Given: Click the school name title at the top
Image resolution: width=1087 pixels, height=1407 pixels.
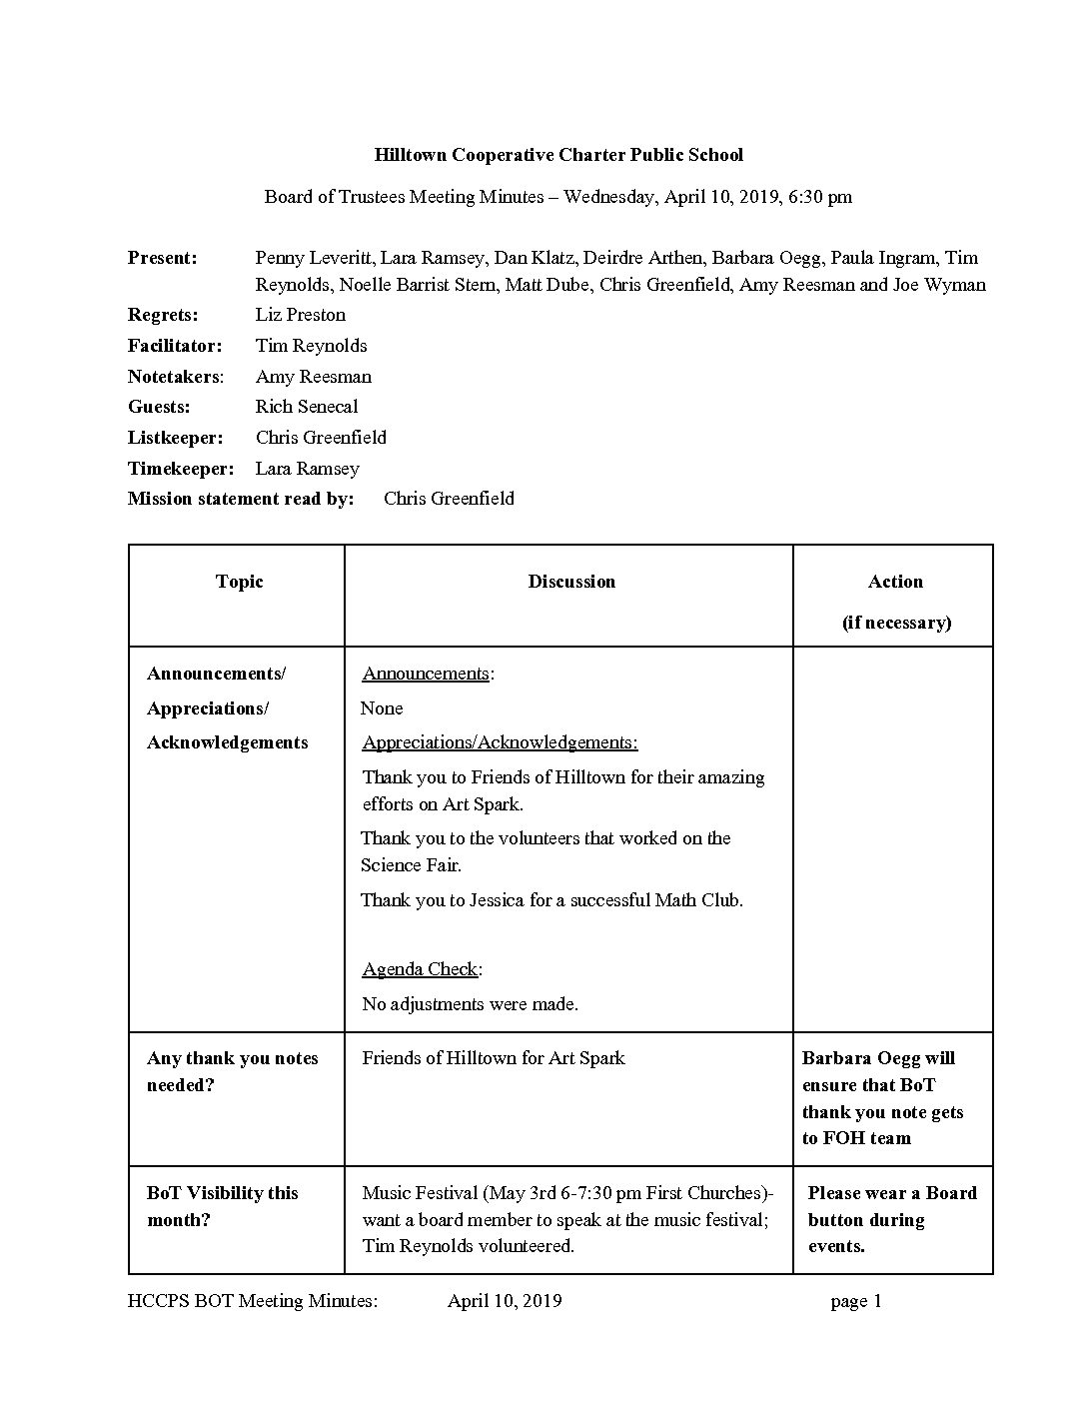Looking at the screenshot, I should (x=558, y=155).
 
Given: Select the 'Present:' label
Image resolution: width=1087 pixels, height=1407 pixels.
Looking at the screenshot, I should (x=163, y=258).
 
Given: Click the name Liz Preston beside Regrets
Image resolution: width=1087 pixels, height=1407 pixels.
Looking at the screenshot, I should (x=301, y=315).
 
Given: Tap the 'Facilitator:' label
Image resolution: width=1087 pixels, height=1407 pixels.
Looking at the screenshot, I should (x=175, y=346).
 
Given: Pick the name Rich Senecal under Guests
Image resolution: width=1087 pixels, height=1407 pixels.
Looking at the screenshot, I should (x=307, y=407).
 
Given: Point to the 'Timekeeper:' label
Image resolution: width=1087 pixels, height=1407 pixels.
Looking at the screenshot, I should (x=181, y=469).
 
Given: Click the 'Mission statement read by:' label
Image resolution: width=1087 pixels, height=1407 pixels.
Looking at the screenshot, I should (x=241, y=499).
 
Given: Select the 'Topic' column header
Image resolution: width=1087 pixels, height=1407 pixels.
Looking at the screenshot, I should (x=239, y=582).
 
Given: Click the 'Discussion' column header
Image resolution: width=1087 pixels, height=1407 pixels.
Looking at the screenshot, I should (x=571, y=582).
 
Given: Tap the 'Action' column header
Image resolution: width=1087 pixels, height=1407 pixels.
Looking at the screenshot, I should (x=895, y=582).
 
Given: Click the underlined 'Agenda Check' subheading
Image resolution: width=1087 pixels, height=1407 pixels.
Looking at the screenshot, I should (x=420, y=969).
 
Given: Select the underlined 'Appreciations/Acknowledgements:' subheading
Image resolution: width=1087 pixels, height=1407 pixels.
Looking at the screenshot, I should (x=500, y=742).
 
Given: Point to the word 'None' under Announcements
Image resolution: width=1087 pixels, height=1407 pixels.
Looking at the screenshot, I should (x=382, y=708).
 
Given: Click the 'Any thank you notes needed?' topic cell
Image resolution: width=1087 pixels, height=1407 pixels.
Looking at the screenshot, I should (x=232, y=1071).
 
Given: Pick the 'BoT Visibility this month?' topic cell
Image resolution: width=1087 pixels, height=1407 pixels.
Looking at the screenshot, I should (x=223, y=1206).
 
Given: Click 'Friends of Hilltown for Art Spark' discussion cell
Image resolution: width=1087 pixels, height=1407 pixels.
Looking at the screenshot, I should (x=494, y=1058).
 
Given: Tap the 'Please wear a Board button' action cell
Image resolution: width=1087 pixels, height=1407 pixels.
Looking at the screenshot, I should (x=892, y=1219).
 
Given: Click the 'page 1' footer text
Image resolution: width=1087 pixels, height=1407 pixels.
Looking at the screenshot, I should (x=856, y=1301).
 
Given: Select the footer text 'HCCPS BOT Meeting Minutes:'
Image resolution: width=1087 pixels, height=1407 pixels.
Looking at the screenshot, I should (x=253, y=1301).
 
